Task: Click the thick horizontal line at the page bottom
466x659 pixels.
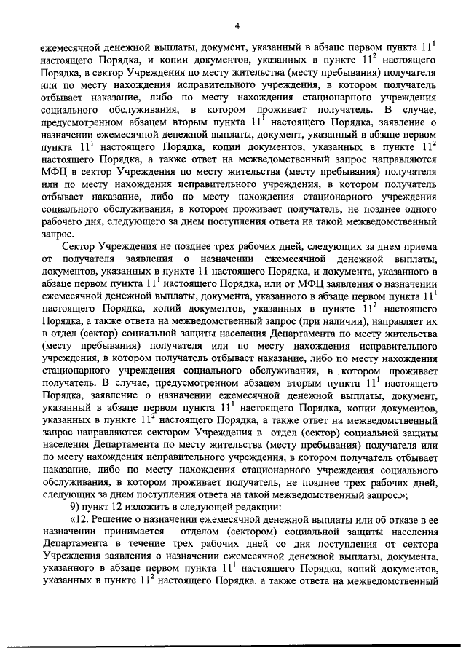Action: coord(233,645)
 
